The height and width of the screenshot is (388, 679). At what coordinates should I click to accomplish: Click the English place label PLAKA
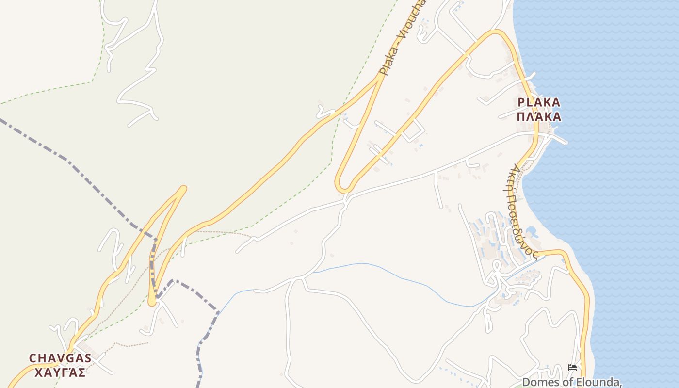(x=539, y=102)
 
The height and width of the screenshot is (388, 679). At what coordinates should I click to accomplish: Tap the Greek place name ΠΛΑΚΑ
(x=539, y=117)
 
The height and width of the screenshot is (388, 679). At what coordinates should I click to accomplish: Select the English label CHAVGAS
(x=60, y=358)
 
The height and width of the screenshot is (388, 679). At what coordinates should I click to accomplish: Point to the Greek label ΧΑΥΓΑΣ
(x=60, y=372)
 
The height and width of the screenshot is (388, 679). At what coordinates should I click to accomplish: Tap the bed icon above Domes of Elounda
(x=572, y=367)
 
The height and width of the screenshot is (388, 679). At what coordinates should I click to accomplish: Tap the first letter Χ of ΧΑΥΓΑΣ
(x=39, y=372)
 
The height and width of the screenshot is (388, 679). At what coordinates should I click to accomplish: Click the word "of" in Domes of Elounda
(x=563, y=382)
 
